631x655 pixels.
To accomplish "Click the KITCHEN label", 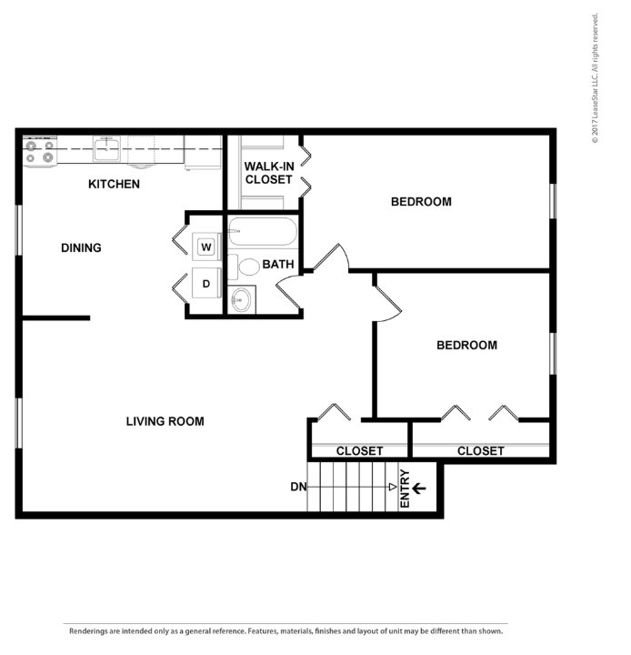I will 114,185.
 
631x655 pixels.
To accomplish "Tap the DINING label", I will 81,247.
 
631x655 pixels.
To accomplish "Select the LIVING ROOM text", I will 165,421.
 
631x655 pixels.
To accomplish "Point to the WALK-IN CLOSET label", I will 268,173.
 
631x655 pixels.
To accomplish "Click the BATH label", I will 277,265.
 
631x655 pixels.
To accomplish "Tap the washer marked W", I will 205,246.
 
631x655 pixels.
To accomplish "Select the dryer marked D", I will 206,284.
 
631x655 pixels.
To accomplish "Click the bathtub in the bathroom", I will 263,232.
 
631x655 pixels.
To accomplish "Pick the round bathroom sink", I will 242,299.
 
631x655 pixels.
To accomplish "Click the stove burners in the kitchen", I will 39,151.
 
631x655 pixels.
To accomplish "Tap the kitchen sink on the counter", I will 107,148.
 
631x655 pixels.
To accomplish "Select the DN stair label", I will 298,487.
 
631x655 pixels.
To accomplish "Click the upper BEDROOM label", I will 421,201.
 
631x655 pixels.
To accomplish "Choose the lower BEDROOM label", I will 466,345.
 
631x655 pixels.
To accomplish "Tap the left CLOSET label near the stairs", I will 359,451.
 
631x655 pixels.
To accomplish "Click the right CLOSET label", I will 480,451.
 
